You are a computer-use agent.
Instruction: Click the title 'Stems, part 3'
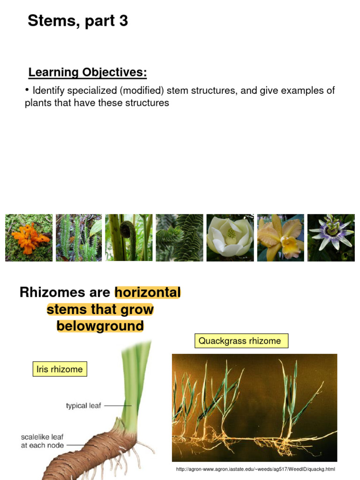pyautogui.click(x=78, y=21)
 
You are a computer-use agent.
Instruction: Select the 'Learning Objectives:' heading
pyautogui.click(x=88, y=72)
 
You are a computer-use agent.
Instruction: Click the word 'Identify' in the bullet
pyautogui.click(x=49, y=90)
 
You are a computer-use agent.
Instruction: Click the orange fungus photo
pyautogui.click(x=29, y=238)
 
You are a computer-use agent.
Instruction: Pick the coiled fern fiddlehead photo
pyautogui.click(x=128, y=238)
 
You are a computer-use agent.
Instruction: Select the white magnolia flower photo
pyautogui.click(x=230, y=238)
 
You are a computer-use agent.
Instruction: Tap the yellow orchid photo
pyautogui.click(x=280, y=238)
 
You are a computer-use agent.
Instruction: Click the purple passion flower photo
pyautogui.click(x=331, y=238)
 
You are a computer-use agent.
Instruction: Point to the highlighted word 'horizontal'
pyautogui.click(x=148, y=292)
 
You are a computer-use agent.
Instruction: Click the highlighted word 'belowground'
pyautogui.click(x=100, y=326)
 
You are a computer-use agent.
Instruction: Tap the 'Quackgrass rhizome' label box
pyautogui.click(x=241, y=341)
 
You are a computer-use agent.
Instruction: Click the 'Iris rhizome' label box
pyautogui.click(x=60, y=369)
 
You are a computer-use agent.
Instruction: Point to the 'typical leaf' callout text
pyautogui.click(x=83, y=405)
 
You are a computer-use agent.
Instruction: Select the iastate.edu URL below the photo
pyautogui.click(x=255, y=469)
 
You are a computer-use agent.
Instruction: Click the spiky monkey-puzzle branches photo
pyautogui.click(x=179, y=238)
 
